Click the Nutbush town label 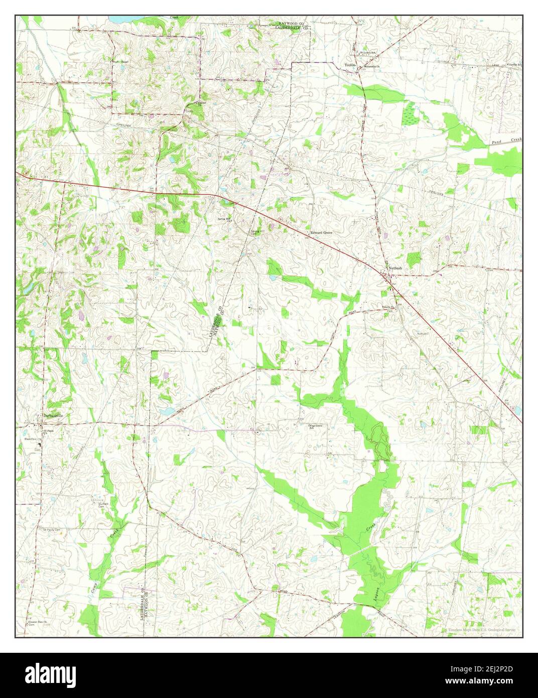click(394, 268)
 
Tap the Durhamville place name click(54, 415)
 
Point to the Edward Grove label click(321, 233)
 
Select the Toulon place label click(350, 65)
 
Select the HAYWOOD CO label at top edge click(294, 23)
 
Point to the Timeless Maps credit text click(481, 629)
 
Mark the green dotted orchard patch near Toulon click(410, 113)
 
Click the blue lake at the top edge click(120, 19)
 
